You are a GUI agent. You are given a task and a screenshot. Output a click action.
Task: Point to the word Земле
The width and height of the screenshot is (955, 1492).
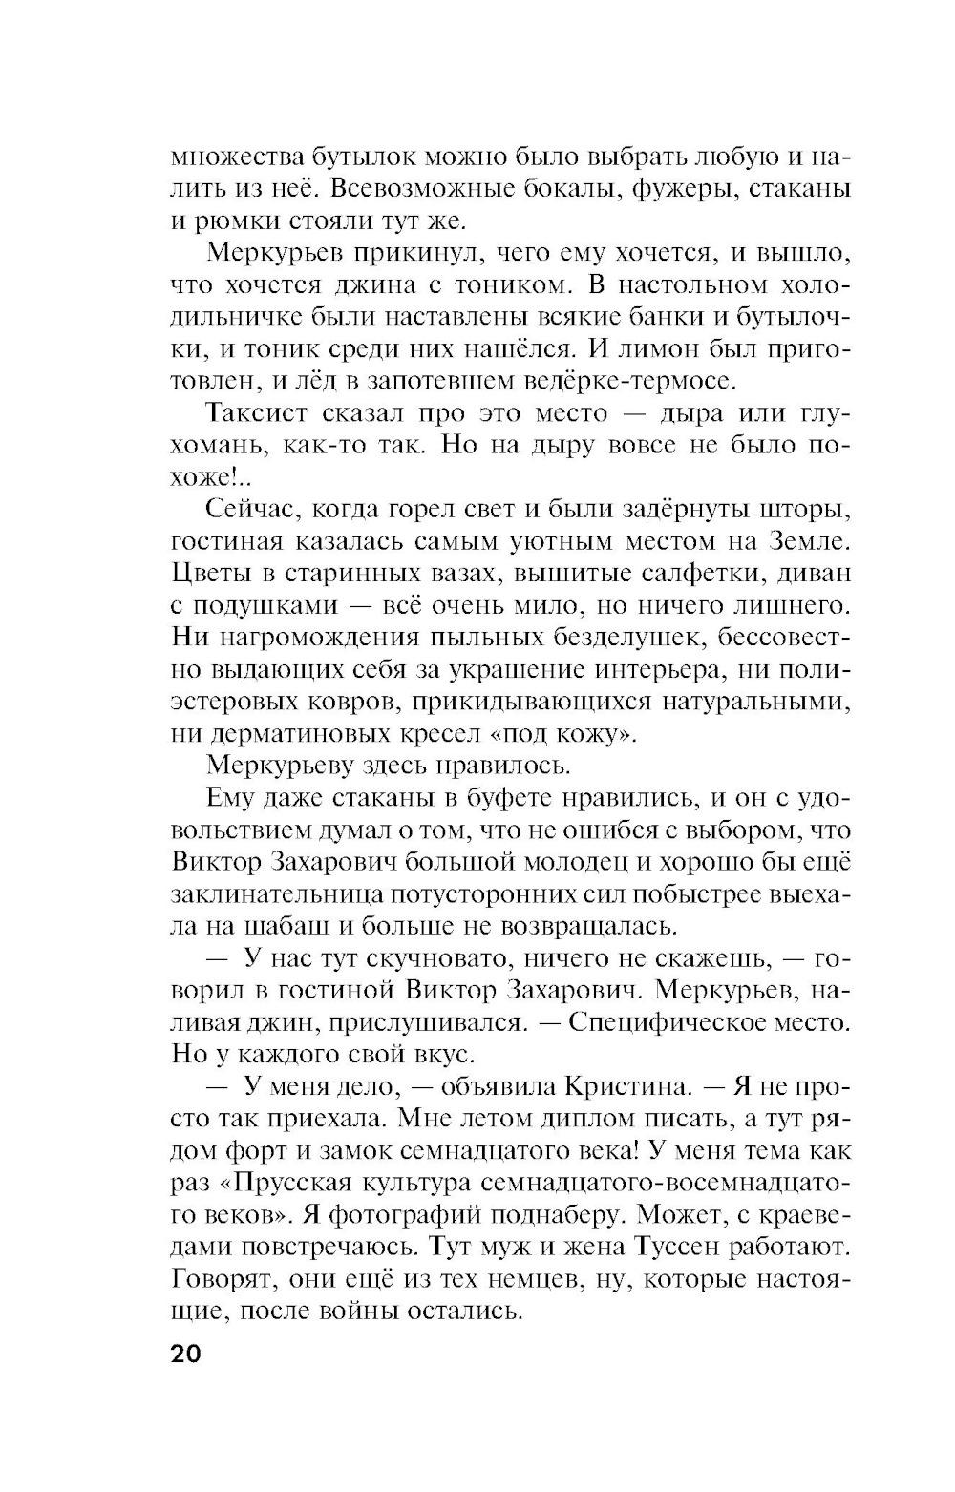[808, 541]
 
